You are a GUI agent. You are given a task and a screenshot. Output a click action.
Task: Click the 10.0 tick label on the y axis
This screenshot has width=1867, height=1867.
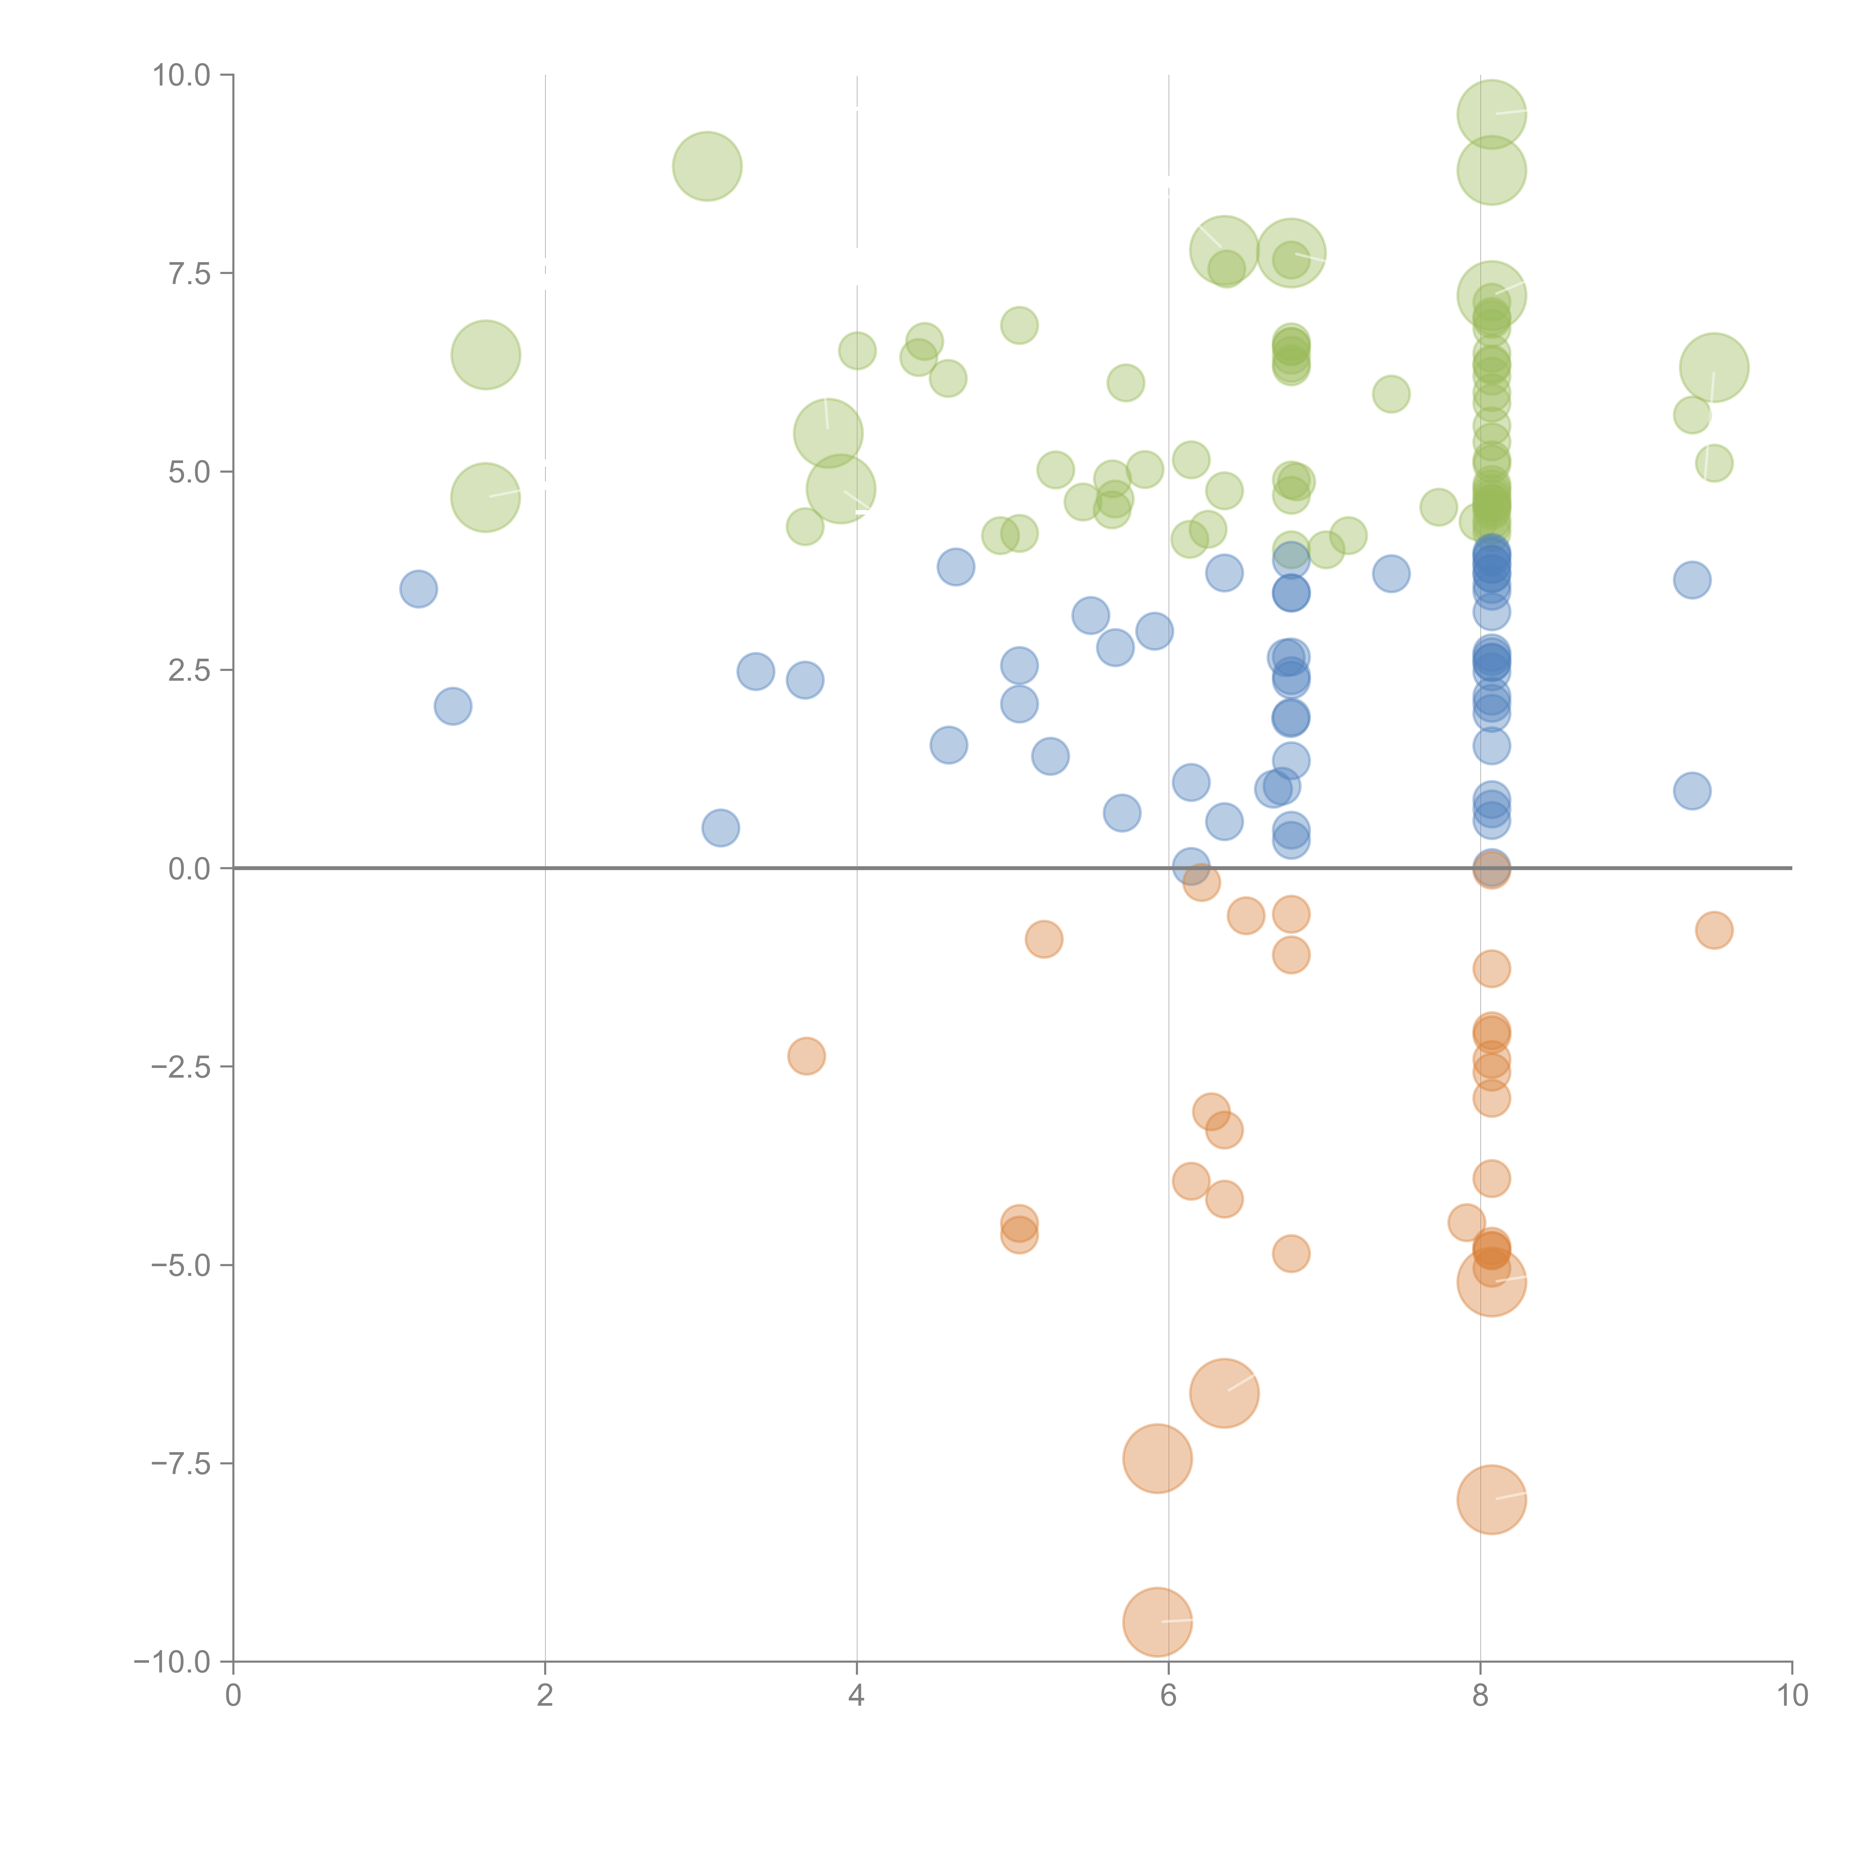182,75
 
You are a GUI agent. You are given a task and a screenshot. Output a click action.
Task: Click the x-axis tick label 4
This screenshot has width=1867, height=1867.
856,1696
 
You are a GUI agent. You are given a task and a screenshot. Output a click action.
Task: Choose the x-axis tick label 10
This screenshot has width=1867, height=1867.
1792,1696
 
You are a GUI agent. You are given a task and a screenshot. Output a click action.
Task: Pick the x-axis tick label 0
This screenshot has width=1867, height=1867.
233,1696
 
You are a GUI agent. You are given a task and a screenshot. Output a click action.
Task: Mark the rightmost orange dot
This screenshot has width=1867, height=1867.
1714,931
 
